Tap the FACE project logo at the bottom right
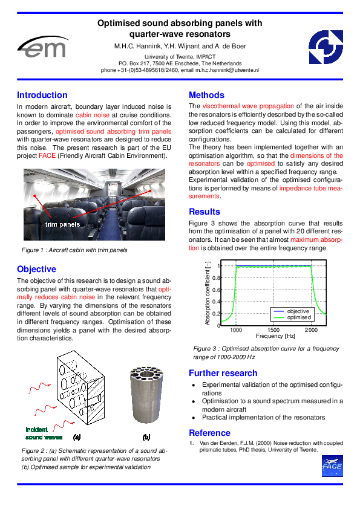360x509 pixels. point(332,465)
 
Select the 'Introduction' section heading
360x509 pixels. point(42,95)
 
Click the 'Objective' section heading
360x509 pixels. point(36,269)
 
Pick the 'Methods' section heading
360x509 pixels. point(206,95)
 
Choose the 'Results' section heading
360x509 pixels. point(205,212)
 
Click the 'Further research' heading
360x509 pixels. point(223,373)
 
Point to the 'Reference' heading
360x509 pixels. point(209,432)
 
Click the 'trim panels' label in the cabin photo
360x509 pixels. point(62,224)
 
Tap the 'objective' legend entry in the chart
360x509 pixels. point(298,311)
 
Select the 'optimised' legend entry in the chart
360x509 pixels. point(299,317)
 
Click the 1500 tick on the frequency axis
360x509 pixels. point(273,330)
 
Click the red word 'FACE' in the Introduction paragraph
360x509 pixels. point(47,155)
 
